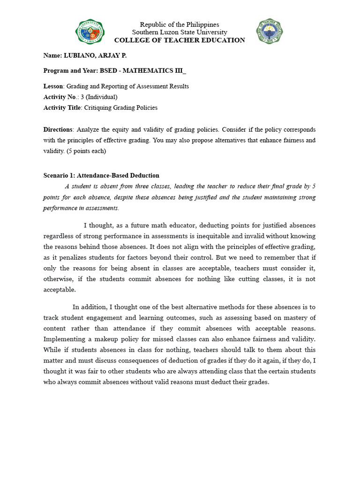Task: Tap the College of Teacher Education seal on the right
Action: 270,31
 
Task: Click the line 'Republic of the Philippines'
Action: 180,24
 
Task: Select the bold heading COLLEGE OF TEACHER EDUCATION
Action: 180,40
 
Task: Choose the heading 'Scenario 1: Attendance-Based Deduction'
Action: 101,176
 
